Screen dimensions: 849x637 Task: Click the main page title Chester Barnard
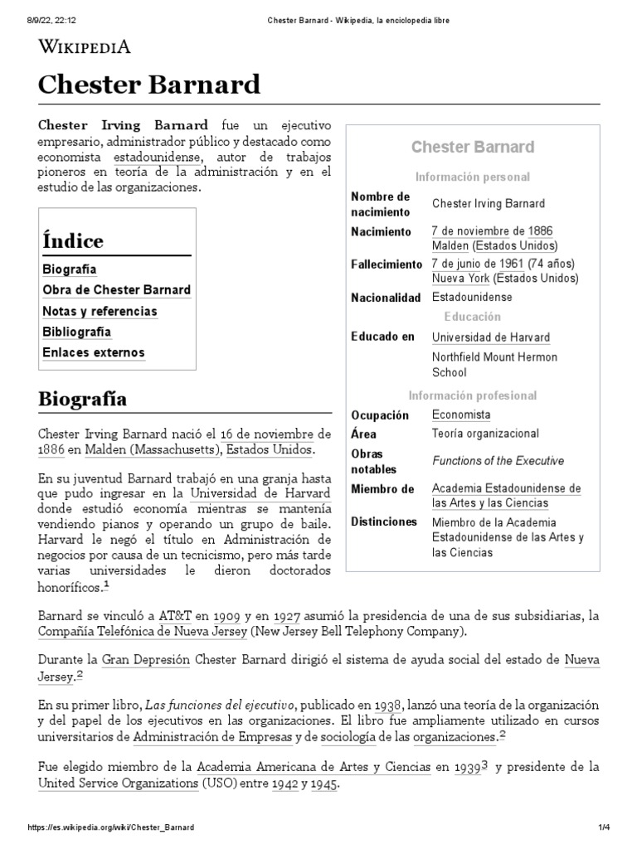point(149,85)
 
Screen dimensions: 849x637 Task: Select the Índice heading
point(73,241)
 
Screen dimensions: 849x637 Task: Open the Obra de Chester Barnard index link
point(116,290)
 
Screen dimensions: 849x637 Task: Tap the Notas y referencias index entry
point(100,311)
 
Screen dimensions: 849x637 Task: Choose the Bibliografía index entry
point(76,332)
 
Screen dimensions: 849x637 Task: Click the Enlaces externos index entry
point(93,352)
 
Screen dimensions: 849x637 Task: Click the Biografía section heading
point(82,399)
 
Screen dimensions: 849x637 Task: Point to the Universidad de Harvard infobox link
point(490,337)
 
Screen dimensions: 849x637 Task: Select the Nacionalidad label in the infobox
point(386,297)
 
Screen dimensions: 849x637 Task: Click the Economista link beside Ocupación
point(460,415)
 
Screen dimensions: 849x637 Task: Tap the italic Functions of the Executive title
point(498,461)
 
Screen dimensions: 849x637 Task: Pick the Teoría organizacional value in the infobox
point(485,434)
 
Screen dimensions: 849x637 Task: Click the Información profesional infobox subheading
point(472,395)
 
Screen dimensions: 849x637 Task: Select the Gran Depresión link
point(145,660)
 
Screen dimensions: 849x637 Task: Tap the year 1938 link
point(388,705)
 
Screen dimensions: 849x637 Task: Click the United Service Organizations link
point(115,784)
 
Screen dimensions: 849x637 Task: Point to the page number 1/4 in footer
point(604,827)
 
